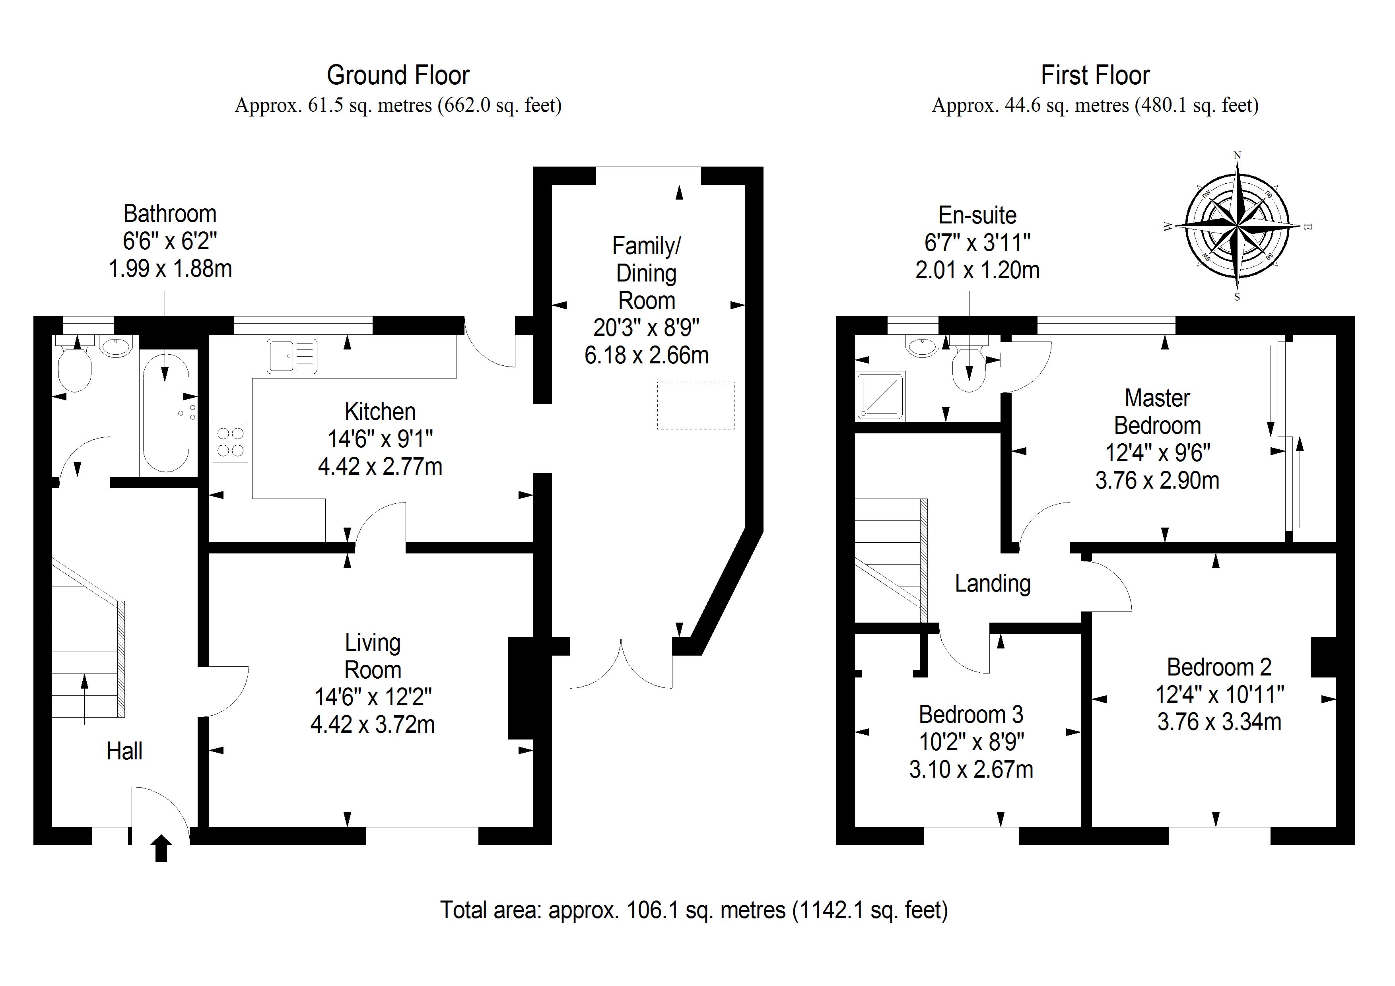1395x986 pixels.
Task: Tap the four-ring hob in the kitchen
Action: click(230, 442)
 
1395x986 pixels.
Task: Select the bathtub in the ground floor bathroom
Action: click(166, 413)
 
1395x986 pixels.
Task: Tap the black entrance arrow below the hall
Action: click(161, 848)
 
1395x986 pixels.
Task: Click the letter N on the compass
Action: click(1237, 155)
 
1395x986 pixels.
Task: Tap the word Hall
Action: click(124, 751)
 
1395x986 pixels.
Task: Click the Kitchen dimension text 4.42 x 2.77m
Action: click(380, 467)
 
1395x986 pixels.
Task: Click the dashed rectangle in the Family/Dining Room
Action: click(695, 405)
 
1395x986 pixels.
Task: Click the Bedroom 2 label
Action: click(1219, 667)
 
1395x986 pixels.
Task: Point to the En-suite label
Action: click(977, 215)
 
